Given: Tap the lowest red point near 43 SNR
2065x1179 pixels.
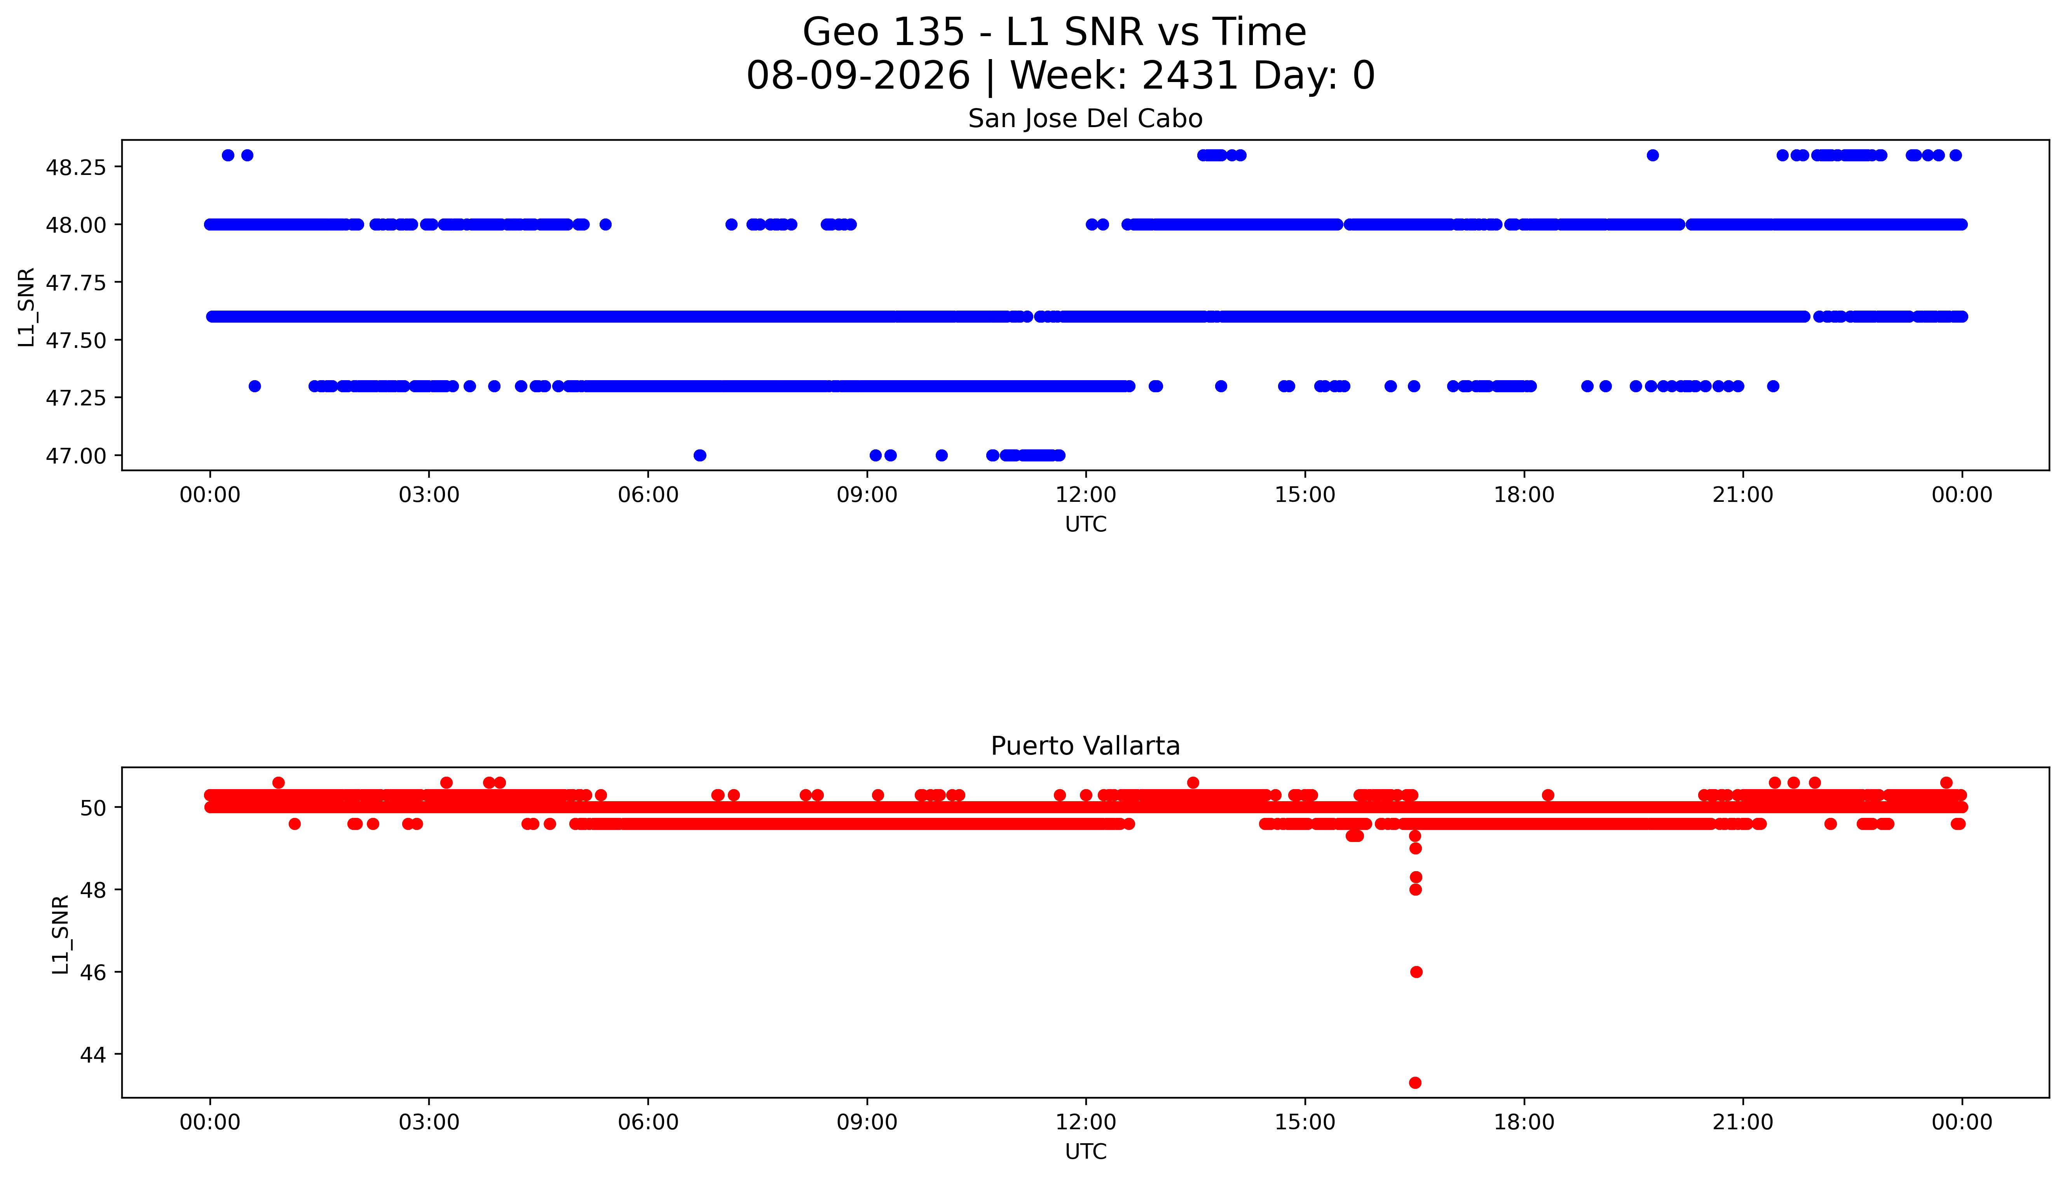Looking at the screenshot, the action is [x=1415, y=1083].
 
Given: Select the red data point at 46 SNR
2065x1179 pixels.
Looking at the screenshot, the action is [x=1416, y=972].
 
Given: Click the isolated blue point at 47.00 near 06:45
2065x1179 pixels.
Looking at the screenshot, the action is [x=700, y=455].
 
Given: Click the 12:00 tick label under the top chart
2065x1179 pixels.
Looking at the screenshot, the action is [x=1085, y=495].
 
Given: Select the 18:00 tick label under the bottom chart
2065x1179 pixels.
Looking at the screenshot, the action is [x=1523, y=1122].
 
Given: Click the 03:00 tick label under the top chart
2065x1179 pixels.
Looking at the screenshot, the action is [x=429, y=495].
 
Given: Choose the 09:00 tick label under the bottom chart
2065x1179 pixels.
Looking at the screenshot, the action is [x=867, y=1122].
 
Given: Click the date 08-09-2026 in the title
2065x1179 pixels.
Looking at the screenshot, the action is [x=858, y=75].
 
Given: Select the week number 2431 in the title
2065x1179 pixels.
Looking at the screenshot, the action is [x=1189, y=75].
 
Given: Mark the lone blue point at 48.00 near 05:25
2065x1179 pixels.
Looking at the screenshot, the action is [x=605, y=224].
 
